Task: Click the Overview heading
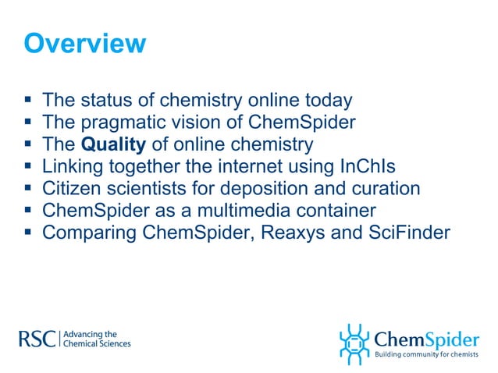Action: click(x=84, y=43)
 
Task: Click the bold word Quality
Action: click(x=113, y=144)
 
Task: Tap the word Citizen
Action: click(x=71, y=189)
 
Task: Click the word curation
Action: click(x=390, y=189)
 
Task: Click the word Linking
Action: click(x=71, y=166)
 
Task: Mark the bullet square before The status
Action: click(x=28, y=101)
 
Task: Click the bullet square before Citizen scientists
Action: click(x=28, y=189)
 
